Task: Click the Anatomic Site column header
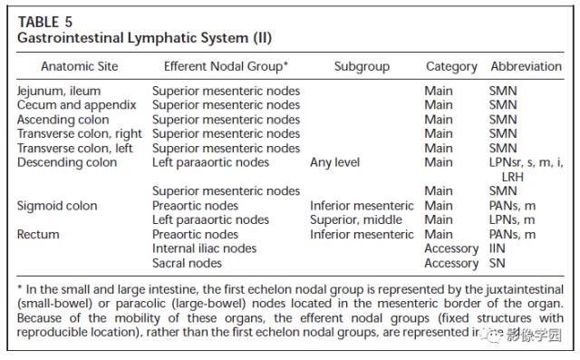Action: (80, 66)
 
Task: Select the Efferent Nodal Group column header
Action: (226, 66)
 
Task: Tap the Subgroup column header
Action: (362, 66)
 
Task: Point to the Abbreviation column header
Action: (526, 66)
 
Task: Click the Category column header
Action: (451, 66)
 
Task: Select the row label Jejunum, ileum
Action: (59, 91)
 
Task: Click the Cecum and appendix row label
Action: (76, 105)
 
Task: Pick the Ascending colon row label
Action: (63, 120)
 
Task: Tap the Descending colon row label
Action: (67, 162)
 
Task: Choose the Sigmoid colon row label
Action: (57, 206)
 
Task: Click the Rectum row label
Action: (38, 234)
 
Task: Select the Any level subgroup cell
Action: (334, 162)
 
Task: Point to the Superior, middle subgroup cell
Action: (356, 219)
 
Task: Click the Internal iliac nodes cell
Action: (204, 248)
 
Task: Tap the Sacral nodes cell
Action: (187, 263)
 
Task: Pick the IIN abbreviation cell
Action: (498, 248)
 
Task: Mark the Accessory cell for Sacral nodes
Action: (451, 264)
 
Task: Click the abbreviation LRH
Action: (513, 177)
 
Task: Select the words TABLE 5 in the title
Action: (45, 22)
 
